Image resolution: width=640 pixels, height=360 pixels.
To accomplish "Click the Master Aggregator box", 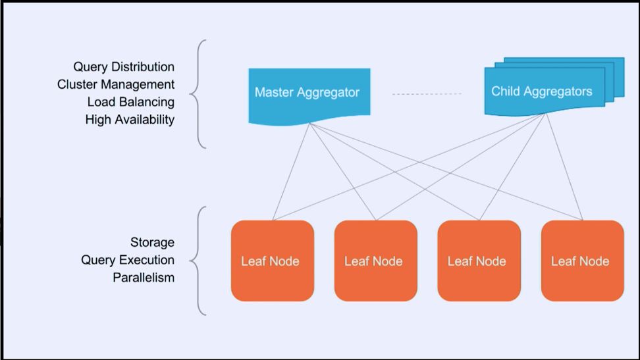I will click(308, 93).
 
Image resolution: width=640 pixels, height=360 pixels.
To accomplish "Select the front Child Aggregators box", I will click(541, 91).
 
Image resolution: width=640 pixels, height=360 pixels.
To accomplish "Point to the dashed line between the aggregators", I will click(427, 94).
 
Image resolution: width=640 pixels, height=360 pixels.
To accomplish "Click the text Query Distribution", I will click(124, 67).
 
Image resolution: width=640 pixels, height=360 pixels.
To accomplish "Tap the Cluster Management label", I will click(116, 84).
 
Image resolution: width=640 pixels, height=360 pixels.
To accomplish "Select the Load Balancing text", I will click(130, 102).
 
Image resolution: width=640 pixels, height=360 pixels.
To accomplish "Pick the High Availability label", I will click(130, 120).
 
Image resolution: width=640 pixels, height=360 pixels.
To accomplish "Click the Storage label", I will click(152, 242).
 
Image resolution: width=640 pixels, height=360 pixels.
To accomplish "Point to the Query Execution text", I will click(128, 260).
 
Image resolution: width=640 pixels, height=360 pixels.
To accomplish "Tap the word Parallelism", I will click(144, 277).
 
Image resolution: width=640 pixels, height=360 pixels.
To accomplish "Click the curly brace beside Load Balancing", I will click(198, 93).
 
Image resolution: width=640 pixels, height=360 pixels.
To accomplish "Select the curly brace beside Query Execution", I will click(198, 261).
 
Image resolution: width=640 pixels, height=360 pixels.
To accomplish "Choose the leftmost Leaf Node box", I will click(271, 261).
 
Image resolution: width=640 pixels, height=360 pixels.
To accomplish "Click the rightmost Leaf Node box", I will click(581, 261).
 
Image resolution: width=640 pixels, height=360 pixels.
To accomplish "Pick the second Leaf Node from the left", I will click(375, 261).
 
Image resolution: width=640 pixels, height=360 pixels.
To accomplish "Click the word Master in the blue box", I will click(275, 92).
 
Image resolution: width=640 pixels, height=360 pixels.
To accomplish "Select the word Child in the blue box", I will click(505, 91).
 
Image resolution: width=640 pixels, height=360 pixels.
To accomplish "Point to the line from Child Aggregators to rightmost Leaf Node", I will click(565, 168).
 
